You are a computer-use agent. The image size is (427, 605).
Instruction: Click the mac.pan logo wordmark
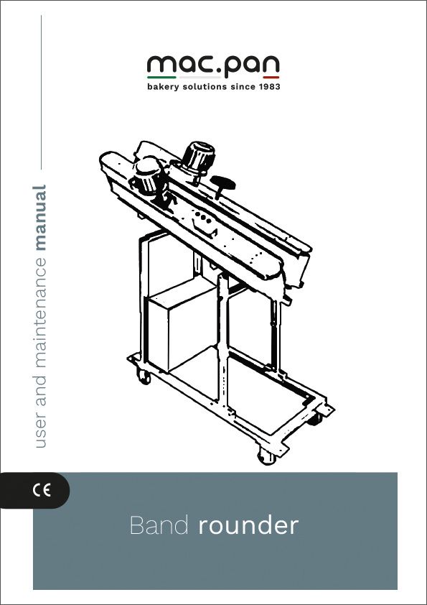(x=213, y=65)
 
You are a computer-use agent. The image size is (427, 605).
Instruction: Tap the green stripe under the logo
(x=161, y=78)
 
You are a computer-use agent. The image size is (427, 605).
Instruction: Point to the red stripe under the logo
(x=271, y=78)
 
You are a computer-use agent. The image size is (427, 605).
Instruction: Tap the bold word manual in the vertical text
(x=40, y=218)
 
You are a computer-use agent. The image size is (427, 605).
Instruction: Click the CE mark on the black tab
(x=41, y=491)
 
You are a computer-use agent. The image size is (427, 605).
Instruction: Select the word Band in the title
(x=159, y=525)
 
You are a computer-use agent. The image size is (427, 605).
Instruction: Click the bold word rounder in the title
(x=248, y=525)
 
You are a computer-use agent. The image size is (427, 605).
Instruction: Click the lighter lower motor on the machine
(x=148, y=177)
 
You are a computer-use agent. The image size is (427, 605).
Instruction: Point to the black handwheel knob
(x=222, y=185)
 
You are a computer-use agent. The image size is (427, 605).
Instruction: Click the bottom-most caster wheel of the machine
(x=267, y=456)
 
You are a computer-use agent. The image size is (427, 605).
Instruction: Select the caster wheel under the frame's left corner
(x=143, y=377)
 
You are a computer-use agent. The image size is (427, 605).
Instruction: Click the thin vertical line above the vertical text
(x=41, y=92)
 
